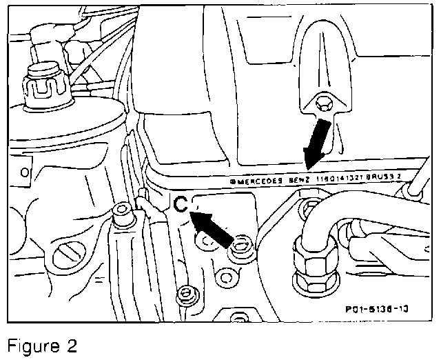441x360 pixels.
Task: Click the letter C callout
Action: point(181,205)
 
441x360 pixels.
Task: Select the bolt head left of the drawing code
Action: point(185,295)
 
